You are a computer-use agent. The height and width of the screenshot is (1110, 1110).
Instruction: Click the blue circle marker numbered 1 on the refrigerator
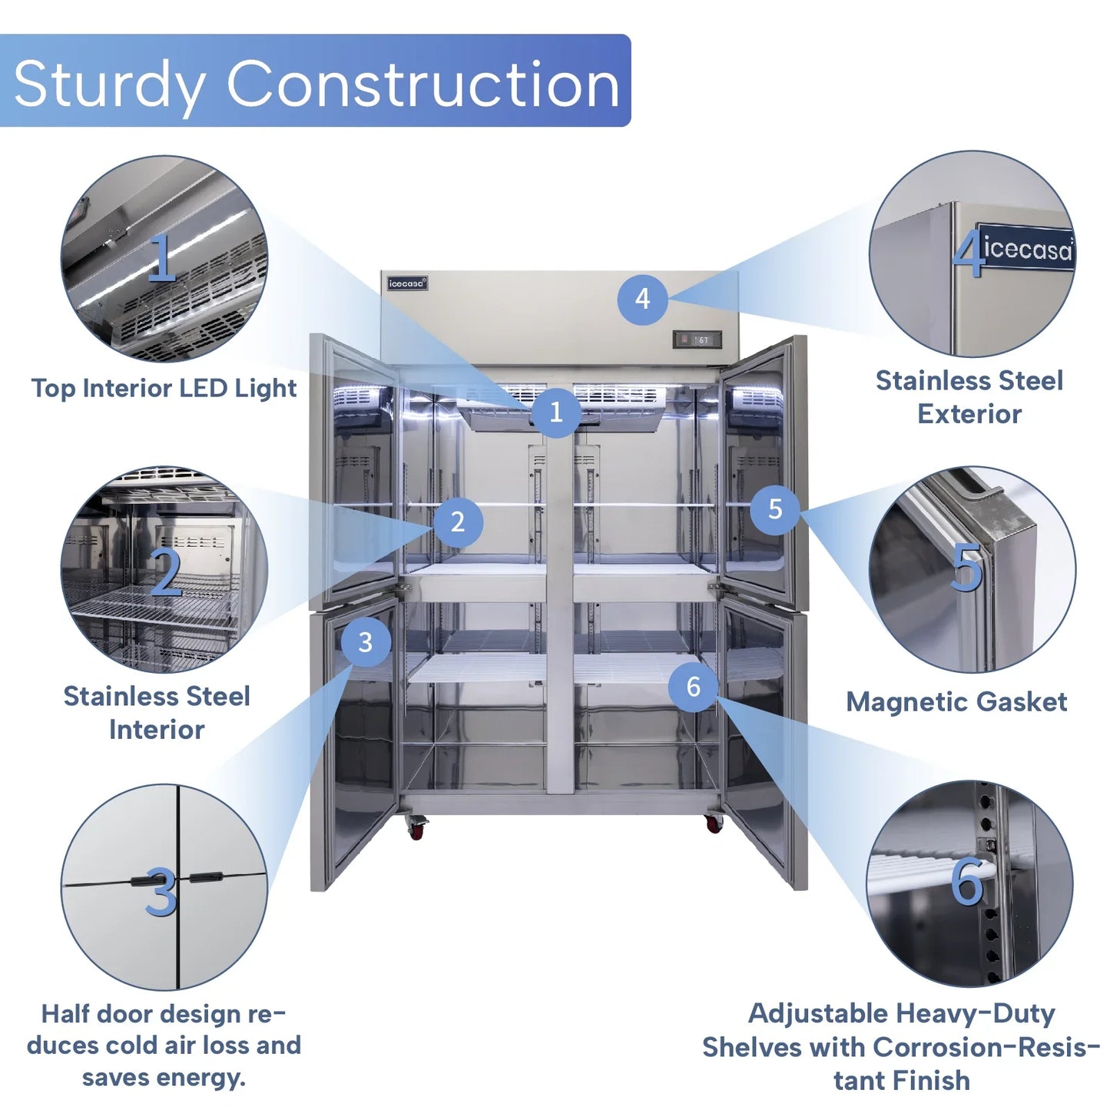tap(555, 412)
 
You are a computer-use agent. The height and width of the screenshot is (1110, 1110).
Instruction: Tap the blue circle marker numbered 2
tap(457, 522)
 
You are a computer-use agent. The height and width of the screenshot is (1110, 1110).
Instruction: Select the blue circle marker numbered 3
tap(365, 641)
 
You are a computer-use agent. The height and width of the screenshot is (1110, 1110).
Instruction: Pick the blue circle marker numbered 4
tap(642, 299)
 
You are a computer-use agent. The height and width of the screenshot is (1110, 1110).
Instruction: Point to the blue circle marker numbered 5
tap(775, 509)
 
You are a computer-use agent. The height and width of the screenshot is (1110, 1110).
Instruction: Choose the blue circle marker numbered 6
tap(693, 686)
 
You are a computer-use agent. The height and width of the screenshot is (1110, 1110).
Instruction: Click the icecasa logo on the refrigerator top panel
tap(407, 283)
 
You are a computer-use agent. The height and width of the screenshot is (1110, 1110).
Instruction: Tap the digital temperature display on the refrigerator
tap(697, 340)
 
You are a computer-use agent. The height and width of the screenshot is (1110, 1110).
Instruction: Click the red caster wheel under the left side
tap(416, 830)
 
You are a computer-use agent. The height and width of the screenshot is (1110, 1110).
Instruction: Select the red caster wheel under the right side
tap(714, 825)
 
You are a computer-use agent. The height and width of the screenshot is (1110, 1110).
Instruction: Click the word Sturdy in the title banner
tap(109, 84)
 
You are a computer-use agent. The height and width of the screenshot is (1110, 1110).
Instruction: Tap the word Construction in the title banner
tap(423, 84)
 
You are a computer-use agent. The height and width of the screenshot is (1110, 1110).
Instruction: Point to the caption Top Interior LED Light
tap(164, 388)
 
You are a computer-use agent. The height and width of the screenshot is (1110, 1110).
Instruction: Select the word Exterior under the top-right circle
tap(969, 413)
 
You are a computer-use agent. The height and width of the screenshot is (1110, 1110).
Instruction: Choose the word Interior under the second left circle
tap(157, 730)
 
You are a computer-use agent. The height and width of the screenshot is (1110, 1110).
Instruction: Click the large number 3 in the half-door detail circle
tap(161, 893)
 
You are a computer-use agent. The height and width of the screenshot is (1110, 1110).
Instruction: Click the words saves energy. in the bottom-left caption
tap(164, 1079)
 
